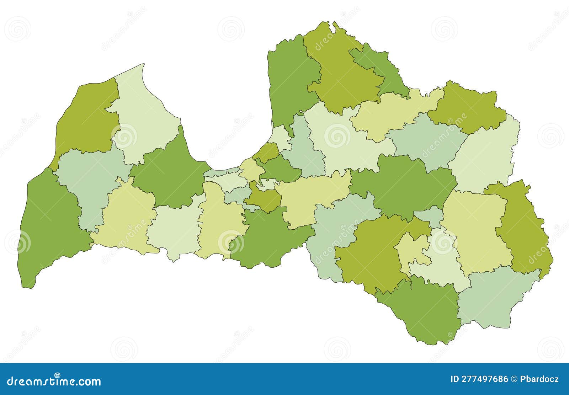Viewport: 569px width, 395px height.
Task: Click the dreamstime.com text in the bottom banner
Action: click(53, 381)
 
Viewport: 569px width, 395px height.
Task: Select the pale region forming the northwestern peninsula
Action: click(146, 114)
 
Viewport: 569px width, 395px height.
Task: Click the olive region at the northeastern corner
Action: click(466, 107)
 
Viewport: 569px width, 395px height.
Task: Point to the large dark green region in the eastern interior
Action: click(402, 185)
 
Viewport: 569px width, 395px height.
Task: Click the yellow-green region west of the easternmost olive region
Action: click(477, 228)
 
